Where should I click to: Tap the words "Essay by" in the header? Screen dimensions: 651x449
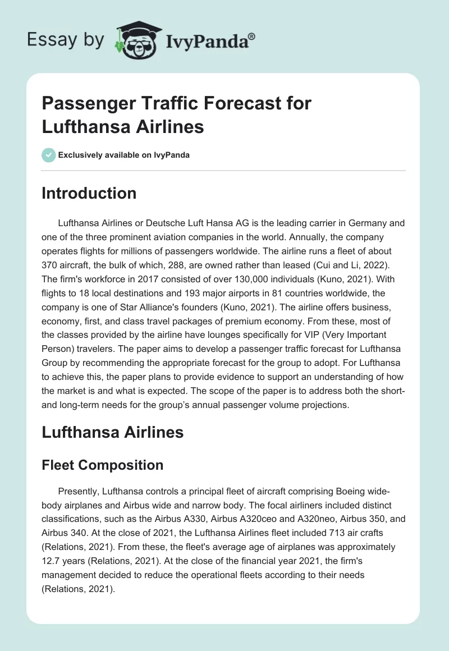pyautogui.click(x=66, y=40)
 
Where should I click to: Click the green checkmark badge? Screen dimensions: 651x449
pyautogui.click(x=48, y=155)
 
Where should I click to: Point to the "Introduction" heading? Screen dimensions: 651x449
pyautogui.click(x=89, y=193)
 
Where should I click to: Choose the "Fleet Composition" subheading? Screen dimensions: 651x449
pyautogui.click(x=103, y=465)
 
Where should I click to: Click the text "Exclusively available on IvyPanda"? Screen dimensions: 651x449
pyautogui.click(x=123, y=155)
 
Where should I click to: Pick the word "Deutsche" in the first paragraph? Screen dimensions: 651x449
pyautogui.click(x=169, y=223)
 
